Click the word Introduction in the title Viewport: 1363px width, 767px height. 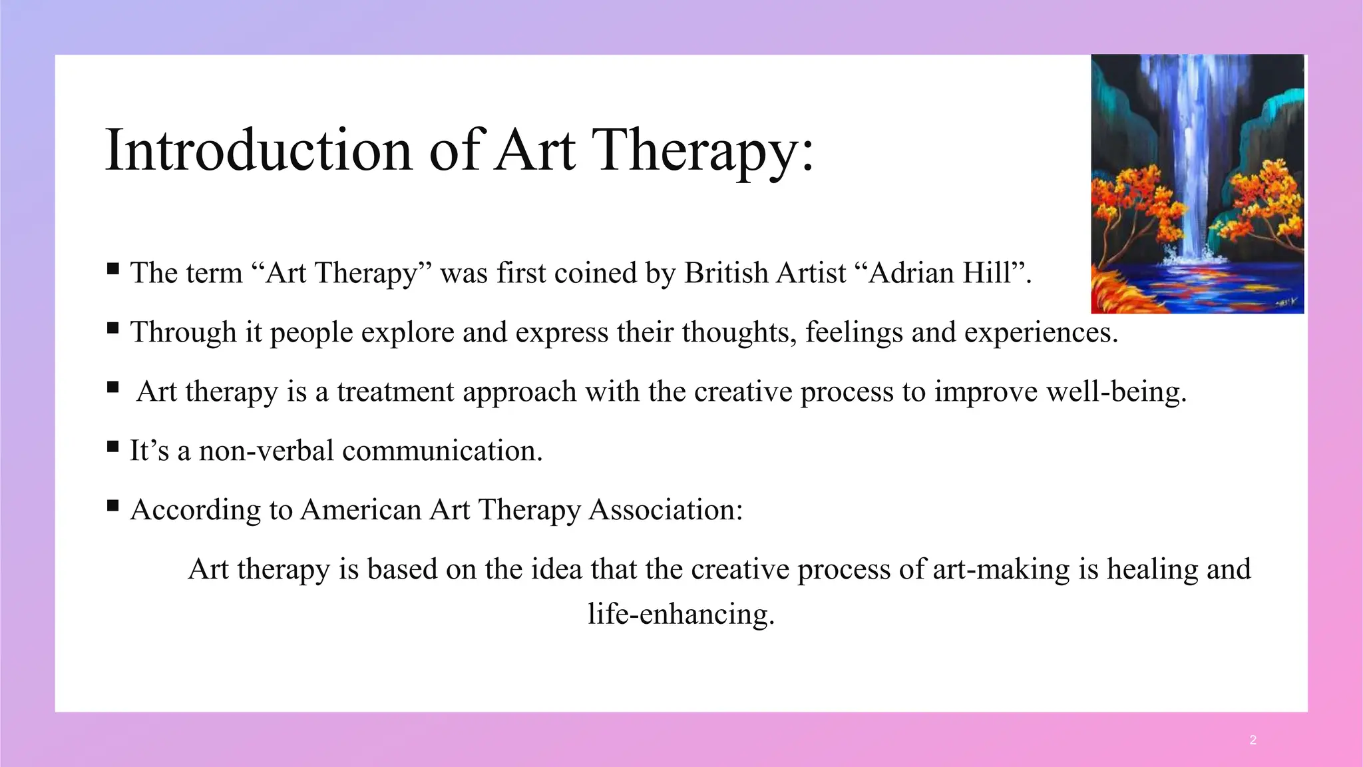click(x=258, y=150)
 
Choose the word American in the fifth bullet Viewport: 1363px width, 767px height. click(x=361, y=510)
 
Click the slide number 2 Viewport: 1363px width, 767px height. click(x=1253, y=740)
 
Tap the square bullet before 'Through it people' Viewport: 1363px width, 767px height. click(x=112, y=328)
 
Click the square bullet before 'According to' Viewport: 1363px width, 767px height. click(x=112, y=506)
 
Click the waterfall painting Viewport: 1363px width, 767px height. click(x=1197, y=184)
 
